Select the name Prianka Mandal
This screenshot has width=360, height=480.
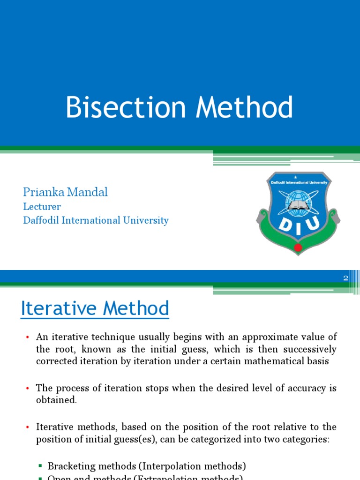click(65, 192)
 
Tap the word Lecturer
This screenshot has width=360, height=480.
click(42, 207)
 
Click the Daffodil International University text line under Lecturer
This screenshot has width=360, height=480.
click(96, 220)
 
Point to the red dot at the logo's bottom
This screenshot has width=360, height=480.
click(298, 247)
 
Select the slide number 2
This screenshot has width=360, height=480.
click(346, 278)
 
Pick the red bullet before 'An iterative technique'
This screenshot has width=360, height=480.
click(27, 337)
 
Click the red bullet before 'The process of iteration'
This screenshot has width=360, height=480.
click(27, 389)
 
